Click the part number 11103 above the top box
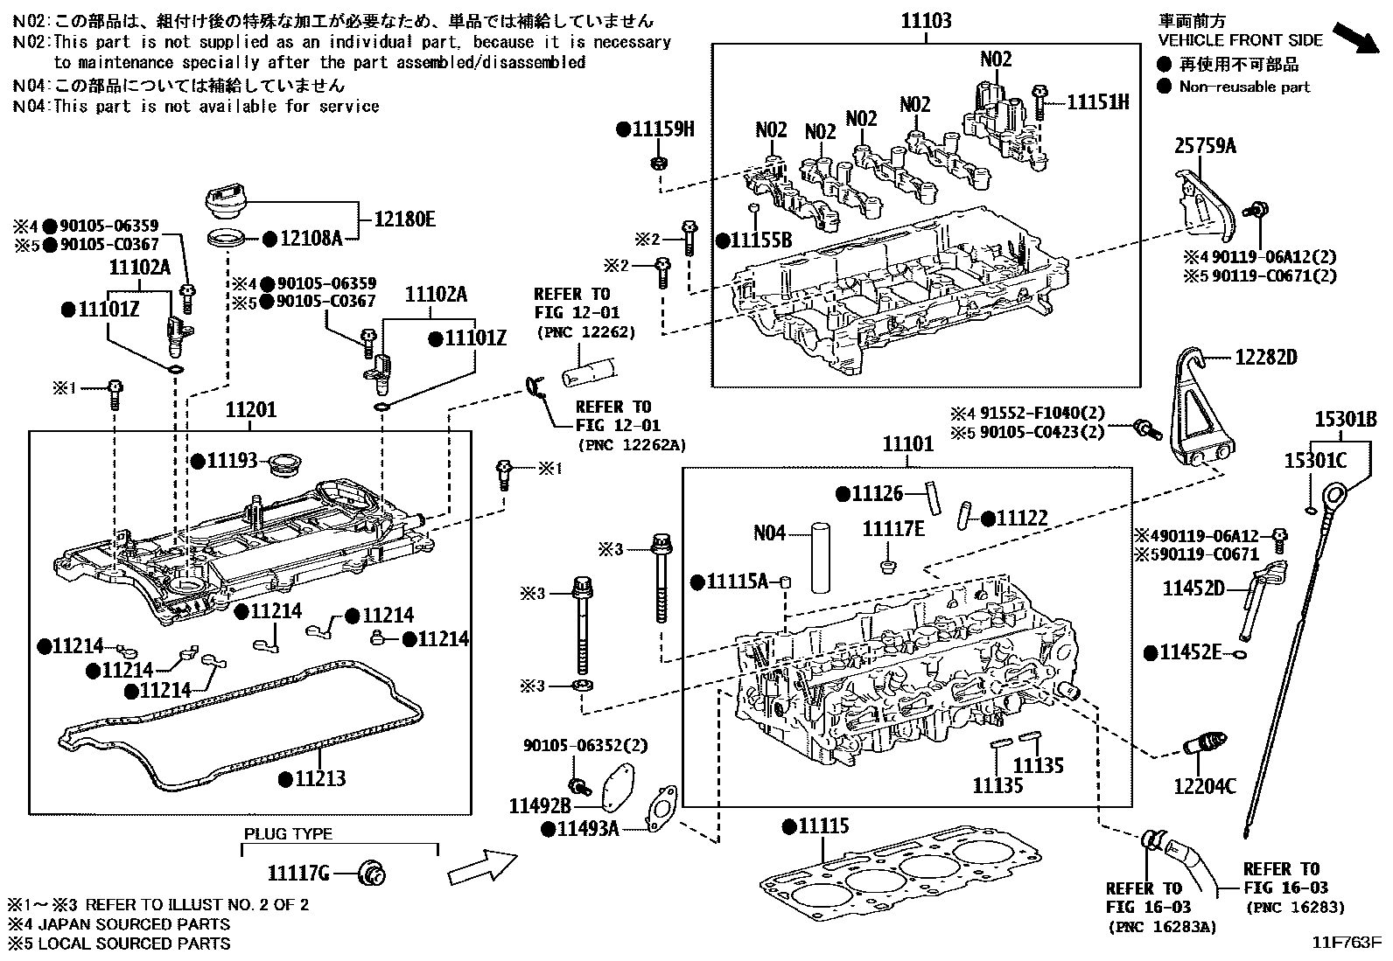click(x=927, y=21)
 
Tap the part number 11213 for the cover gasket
click(x=319, y=778)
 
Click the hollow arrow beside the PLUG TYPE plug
click(x=480, y=867)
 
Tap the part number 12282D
click(x=1265, y=357)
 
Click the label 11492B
click(x=540, y=804)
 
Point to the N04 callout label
click(x=770, y=532)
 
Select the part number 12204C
click(x=1205, y=787)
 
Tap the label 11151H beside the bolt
click(x=1097, y=102)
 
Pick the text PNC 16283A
click(x=1162, y=926)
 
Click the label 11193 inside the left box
click(x=232, y=460)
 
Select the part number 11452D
click(x=1193, y=588)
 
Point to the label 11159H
click(x=662, y=129)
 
